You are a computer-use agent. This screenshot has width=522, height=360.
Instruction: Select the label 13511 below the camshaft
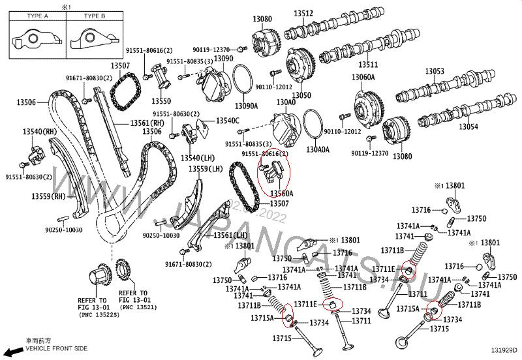[x=368, y=65]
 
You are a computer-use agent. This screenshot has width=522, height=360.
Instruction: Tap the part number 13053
[x=435, y=71]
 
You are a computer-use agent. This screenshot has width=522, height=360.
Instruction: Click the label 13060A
[x=363, y=78]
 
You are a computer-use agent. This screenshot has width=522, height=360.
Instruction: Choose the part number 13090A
[x=247, y=106]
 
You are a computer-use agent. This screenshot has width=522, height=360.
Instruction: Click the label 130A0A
[x=318, y=149]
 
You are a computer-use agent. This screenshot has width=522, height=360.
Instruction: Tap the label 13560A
[x=282, y=194]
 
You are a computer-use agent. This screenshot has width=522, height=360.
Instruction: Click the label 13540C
[x=228, y=121]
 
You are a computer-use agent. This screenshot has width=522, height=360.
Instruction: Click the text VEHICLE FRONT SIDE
[x=56, y=349]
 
